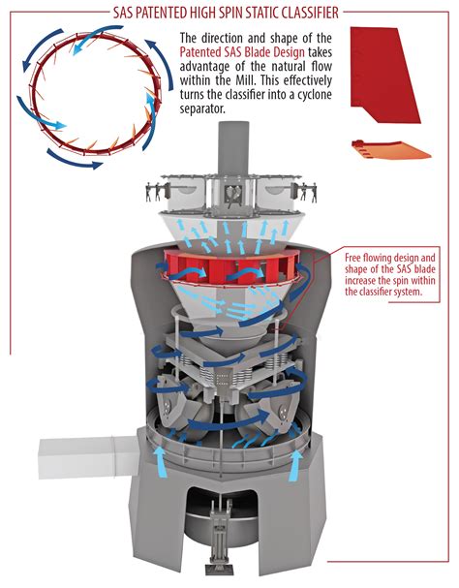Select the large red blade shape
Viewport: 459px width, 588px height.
385,75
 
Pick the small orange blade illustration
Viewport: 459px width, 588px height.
391,149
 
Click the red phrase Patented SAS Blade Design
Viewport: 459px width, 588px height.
242,52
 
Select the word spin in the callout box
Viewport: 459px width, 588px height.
401,281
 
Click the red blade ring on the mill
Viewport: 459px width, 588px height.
231,267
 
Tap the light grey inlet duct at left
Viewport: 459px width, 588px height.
88,457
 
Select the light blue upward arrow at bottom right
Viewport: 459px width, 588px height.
295,465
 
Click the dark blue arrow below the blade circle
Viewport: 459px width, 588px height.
74,161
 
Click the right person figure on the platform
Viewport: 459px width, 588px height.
313,192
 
